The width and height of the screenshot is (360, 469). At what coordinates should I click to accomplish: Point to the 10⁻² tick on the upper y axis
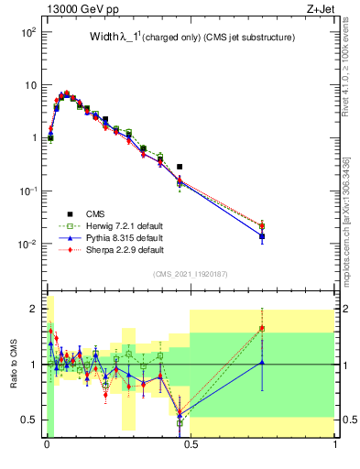[x=29, y=245]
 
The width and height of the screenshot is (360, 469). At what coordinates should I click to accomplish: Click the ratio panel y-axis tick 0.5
[x=30, y=420]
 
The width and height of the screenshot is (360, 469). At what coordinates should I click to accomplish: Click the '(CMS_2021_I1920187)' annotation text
[x=191, y=275]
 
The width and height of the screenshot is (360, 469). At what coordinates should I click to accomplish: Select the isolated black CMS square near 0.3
[x=180, y=167]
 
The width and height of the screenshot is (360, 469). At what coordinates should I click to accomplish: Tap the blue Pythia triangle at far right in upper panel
[x=262, y=236]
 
